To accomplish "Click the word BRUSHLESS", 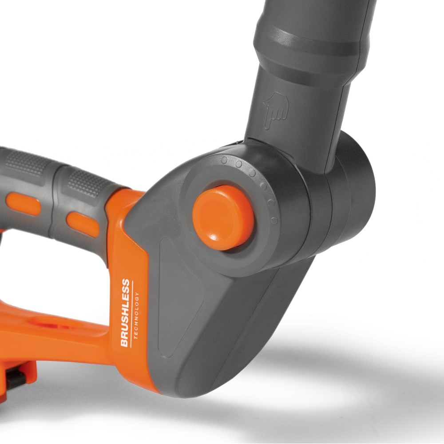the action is (125, 313).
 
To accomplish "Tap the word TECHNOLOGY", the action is (136, 315).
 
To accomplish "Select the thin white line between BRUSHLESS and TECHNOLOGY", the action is (132, 314).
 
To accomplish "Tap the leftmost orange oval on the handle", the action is (24, 204).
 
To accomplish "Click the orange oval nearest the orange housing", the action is (83, 224).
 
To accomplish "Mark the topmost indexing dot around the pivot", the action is (224, 160).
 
